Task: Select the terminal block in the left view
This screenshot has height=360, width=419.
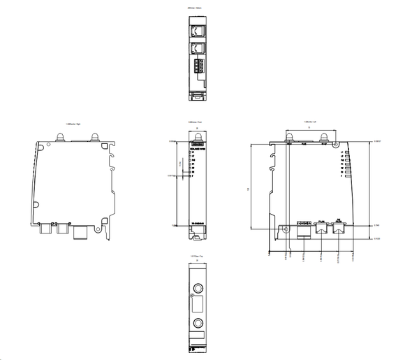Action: coord(304,228)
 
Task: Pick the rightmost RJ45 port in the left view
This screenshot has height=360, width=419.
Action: coord(339,228)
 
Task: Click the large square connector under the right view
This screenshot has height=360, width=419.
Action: coord(82,230)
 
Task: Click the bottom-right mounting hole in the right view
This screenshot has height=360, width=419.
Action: coord(105,226)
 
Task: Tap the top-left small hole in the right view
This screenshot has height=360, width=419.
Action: coord(47,147)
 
